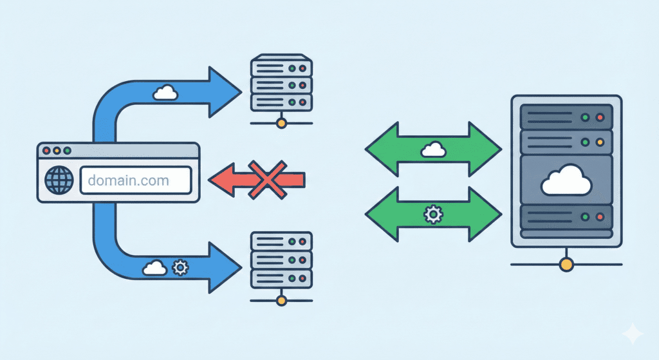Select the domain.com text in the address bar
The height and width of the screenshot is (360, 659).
pyautogui.click(x=128, y=180)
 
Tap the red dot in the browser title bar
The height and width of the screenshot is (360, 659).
pyautogui.click(x=46, y=151)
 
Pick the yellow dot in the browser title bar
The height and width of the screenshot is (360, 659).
pyautogui.click(x=57, y=151)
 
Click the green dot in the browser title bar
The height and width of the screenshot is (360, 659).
pyautogui.click(x=67, y=151)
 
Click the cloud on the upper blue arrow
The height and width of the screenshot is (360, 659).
pyautogui.click(x=165, y=93)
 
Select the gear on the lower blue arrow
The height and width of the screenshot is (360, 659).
pyautogui.click(x=180, y=266)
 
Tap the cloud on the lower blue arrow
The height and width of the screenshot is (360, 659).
pyautogui.click(x=154, y=267)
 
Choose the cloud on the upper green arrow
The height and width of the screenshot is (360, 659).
pyautogui.click(x=432, y=149)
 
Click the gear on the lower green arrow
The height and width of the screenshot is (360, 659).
pyautogui.click(x=432, y=214)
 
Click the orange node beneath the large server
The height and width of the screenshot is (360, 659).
pyautogui.click(x=566, y=263)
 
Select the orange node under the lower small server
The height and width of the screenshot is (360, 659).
pyautogui.click(x=280, y=299)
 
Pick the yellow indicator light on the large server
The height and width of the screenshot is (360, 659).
pyautogui.click(x=600, y=142)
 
